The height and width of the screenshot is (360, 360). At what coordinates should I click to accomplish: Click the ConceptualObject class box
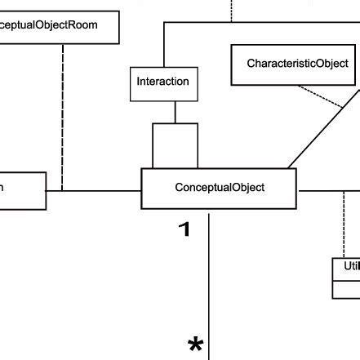tap(219, 188)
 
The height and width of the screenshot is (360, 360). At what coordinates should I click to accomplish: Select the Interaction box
tap(162, 82)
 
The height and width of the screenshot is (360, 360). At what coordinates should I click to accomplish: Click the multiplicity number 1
tap(184, 229)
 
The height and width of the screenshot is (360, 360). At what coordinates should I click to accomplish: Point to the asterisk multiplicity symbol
tap(196, 345)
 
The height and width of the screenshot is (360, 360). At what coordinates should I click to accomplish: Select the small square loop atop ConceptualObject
tap(175, 145)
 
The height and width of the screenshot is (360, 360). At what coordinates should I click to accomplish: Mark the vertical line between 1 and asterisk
tap(210, 286)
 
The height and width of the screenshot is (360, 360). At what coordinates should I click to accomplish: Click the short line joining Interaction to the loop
tap(174, 110)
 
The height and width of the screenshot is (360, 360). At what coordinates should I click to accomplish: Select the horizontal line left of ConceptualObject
tap(94, 191)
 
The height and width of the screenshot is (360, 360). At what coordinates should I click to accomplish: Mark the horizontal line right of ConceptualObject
tap(327, 192)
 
